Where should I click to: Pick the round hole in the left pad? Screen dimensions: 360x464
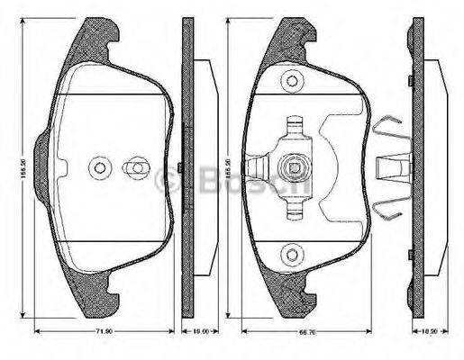[x=99, y=167]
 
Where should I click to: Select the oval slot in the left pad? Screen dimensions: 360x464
[x=134, y=167]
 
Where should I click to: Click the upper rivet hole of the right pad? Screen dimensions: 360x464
[x=291, y=82]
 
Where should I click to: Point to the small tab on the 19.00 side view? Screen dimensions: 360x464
[x=183, y=167]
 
